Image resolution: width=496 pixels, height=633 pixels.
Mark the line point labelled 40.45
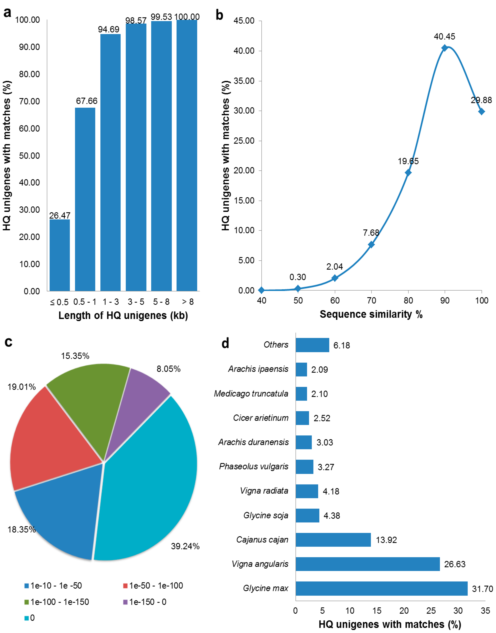[444, 48]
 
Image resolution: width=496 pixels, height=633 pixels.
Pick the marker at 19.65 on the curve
[408, 173]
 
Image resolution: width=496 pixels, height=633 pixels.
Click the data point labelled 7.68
[371, 245]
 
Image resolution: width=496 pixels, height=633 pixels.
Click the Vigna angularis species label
[260, 564]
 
